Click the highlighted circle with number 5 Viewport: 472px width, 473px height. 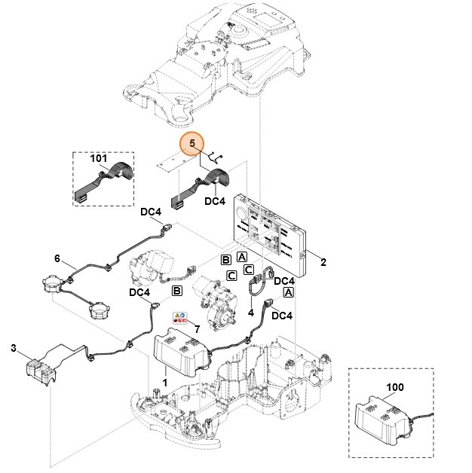(x=192, y=143)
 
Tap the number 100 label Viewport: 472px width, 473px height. (x=394, y=387)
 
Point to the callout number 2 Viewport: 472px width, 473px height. (x=323, y=262)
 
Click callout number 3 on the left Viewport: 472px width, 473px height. (x=13, y=347)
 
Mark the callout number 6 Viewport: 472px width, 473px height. (x=57, y=258)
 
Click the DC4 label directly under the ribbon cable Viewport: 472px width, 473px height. (x=214, y=202)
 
